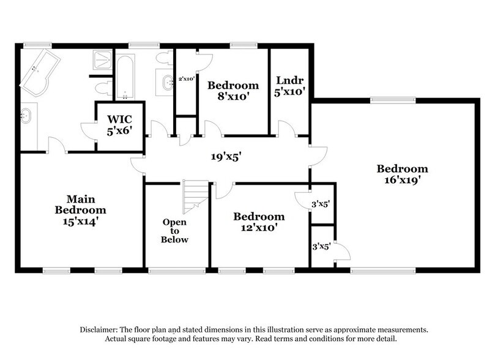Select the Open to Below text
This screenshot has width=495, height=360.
174,231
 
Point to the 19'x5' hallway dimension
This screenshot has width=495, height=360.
222,157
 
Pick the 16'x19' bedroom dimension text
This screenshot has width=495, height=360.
402,181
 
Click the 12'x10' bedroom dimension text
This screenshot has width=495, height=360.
258,228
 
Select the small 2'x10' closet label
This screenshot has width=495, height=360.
186,79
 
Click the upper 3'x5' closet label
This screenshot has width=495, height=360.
321,204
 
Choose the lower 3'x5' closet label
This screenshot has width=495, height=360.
321,247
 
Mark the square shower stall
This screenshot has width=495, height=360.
102,61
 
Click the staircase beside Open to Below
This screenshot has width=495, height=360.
196,195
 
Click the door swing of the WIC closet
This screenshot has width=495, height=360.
89,130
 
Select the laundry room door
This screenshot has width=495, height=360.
286,129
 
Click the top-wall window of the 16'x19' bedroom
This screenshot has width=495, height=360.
387,100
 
